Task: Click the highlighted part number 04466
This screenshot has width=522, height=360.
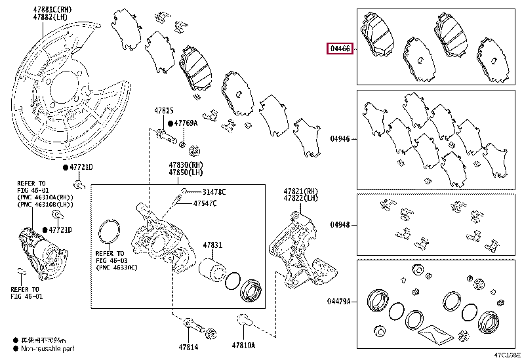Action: [340, 49]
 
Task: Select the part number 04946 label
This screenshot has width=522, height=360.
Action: [340, 139]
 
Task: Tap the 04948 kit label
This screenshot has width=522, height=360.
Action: [340, 223]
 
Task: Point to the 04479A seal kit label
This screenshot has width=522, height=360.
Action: [338, 302]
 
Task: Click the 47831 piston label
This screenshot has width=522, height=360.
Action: [212, 245]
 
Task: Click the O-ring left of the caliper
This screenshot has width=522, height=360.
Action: [109, 235]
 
